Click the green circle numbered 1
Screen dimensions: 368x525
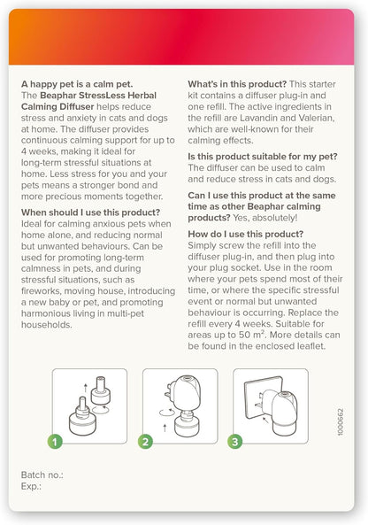click(x=55, y=442)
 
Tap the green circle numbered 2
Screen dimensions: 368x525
click(x=146, y=442)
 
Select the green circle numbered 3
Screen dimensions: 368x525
click(x=234, y=442)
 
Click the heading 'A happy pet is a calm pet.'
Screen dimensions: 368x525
click(x=77, y=84)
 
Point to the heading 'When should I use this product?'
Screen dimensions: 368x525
click(x=90, y=212)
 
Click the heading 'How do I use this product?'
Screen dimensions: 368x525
click(x=246, y=234)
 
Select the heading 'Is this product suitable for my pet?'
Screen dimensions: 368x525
click(x=263, y=157)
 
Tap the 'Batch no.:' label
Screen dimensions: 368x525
click(x=42, y=475)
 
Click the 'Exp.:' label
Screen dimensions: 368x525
click(x=31, y=486)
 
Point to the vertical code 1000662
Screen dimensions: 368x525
click(x=341, y=422)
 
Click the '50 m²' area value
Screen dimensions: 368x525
click(x=251, y=335)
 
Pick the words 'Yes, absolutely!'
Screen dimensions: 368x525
click(x=265, y=218)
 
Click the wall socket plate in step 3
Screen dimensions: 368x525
click(x=263, y=398)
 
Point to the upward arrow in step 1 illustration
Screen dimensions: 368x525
click(x=86, y=388)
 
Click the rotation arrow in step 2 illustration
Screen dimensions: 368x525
click(x=167, y=413)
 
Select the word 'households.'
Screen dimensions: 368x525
click(x=47, y=325)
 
